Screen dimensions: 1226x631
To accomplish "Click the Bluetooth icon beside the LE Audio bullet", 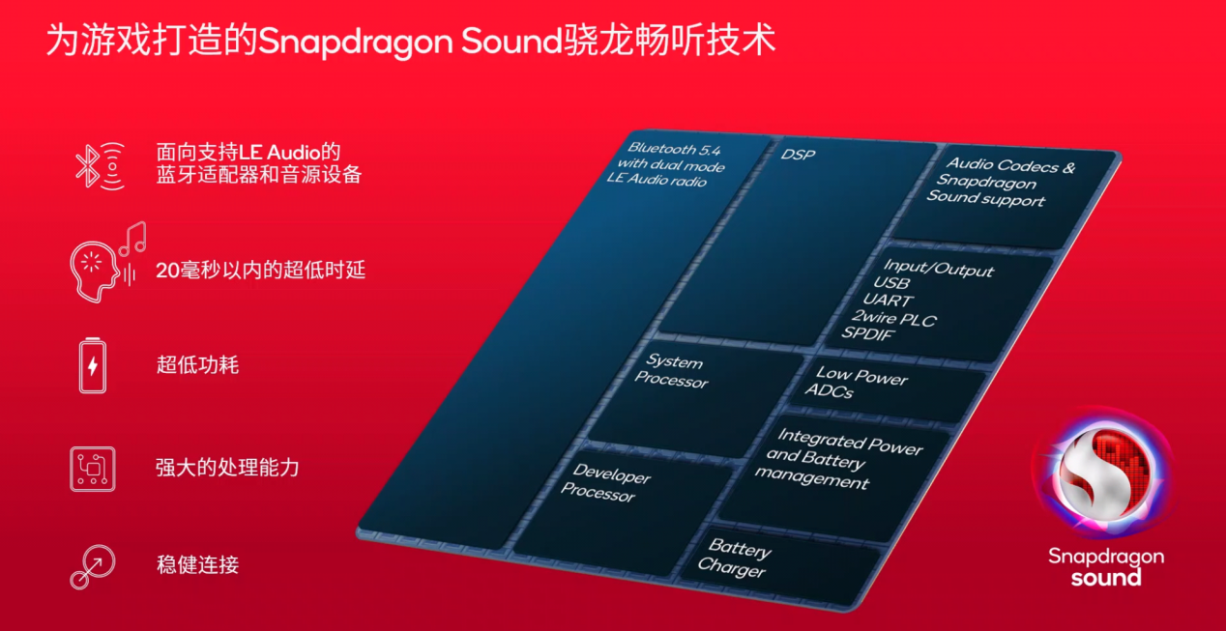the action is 100,166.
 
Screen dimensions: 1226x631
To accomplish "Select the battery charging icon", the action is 93,365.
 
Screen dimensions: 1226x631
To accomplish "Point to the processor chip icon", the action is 93,469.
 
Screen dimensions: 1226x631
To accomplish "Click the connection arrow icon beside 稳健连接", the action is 93,566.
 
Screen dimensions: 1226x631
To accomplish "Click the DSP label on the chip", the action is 798,155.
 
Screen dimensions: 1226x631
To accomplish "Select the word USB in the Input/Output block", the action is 891,283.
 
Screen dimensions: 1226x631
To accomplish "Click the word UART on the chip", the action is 888,301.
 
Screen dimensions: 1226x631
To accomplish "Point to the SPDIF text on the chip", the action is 868,333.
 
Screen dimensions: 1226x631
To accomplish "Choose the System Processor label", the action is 672,371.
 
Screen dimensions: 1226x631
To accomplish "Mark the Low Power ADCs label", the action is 856,382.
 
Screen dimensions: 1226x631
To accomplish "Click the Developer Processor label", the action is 606,483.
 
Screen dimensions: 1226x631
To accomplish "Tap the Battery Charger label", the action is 735,558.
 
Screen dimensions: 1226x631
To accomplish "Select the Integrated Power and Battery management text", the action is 839,459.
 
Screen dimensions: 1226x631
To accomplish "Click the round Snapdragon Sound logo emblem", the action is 1103,473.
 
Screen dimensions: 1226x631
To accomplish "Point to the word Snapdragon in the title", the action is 355,42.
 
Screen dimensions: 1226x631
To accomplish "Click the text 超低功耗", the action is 197,365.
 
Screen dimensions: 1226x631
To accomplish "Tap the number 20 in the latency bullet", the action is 167,271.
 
